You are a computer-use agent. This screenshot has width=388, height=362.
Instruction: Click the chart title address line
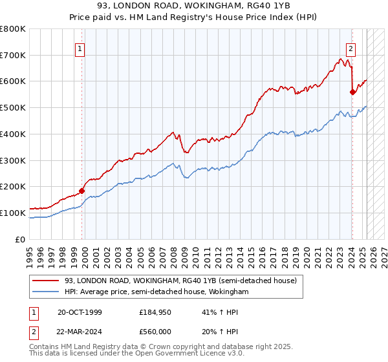tap(194, 6)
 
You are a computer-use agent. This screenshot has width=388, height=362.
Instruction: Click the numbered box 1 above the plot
tap(80, 47)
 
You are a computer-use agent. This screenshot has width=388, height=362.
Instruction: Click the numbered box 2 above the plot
tap(350, 47)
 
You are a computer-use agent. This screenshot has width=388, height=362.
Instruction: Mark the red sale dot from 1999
tap(82, 191)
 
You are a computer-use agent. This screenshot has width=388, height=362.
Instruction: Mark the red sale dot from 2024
tap(352, 92)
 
